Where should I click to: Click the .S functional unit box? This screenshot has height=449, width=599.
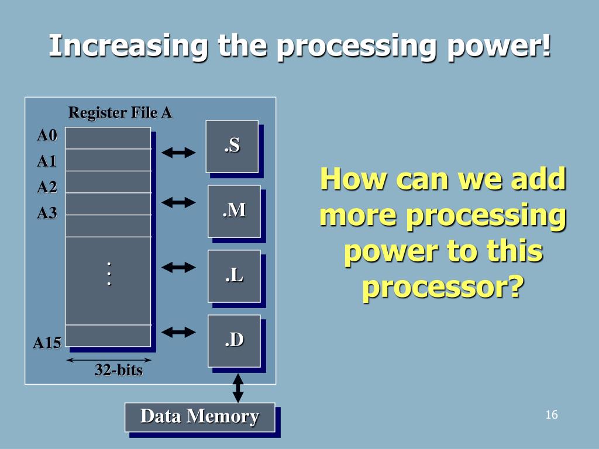[232, 146]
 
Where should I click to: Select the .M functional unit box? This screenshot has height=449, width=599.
[234, 211]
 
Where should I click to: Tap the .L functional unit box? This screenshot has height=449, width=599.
[234, 276]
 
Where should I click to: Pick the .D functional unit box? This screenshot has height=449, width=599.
[234, 341]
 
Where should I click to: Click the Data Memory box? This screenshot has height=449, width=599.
[199, 417]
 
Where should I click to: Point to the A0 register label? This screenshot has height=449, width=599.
[47, 136]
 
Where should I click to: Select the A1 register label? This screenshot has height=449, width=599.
[47, 161]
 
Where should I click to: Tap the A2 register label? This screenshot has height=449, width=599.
[47, 187]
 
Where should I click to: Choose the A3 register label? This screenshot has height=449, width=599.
[47, 213]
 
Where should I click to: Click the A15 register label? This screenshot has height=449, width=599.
[47, 343]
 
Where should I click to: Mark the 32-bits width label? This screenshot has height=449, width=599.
[119, 370]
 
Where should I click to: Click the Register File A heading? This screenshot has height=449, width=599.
[120, 112]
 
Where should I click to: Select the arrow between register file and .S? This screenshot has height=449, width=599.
[178, 153]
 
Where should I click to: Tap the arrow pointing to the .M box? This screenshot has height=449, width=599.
[178, 203]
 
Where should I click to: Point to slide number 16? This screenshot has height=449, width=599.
[551, 415]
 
